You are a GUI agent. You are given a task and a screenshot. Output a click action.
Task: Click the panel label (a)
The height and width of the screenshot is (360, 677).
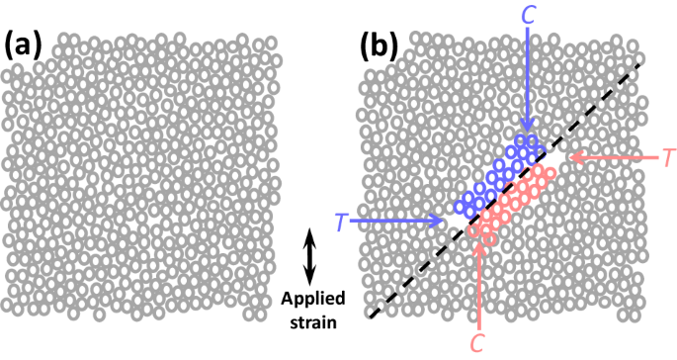point(23,45)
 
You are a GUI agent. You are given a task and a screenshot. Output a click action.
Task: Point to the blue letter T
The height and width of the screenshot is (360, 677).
point(339,223)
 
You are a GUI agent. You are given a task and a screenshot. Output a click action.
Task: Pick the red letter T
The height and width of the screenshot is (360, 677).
point(668,156)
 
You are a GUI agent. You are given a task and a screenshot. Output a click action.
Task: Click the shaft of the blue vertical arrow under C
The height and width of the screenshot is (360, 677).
point(531,79)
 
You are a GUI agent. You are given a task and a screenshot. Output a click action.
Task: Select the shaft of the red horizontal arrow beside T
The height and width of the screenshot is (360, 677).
point(618,156)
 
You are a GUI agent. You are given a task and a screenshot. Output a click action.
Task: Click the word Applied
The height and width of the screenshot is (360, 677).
point(309,298)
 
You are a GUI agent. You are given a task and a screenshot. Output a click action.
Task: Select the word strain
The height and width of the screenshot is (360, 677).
point(309,322)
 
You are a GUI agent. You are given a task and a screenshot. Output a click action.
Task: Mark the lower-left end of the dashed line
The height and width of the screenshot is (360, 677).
point(370,317)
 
